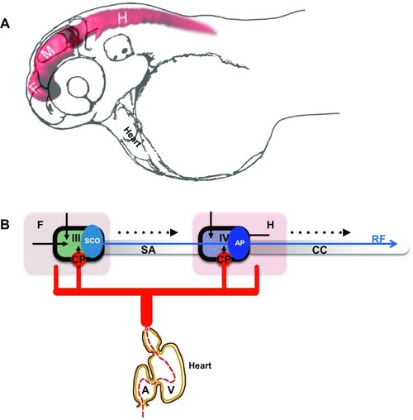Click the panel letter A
click(5, 24)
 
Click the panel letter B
click(5, 225)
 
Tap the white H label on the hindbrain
click(122, 18)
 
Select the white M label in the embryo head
click(48, 51)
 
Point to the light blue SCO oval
click(93, 241)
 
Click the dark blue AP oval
click(240, 243)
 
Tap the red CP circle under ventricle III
click(78, 260)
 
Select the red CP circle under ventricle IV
click(224, 260)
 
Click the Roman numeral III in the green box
click(76, 238)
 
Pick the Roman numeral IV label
click(224, 238)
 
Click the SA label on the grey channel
click(148, 250)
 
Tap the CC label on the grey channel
click(320, 250)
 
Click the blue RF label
click(378, 239)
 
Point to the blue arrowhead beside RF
click(394, 244)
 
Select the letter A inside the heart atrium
click(145, 390)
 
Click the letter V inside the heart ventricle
click(171, 390)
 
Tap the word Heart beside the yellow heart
click(200, 365)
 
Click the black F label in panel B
click(40, 225)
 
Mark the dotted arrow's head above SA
click(174, 232)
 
